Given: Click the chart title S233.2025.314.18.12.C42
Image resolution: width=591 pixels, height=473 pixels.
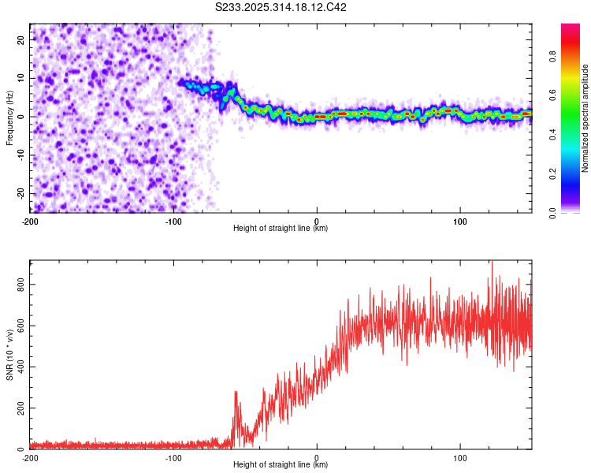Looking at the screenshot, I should (x=281, y=8).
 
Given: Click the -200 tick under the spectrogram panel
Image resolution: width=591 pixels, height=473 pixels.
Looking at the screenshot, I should (x=30, y=220).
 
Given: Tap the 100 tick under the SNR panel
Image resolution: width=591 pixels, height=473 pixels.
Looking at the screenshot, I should (x=460, y=456).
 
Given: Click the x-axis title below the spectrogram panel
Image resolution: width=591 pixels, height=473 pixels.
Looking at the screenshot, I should (x=281, y=229).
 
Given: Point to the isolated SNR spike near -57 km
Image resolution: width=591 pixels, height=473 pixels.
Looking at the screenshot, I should (x=236, y=393).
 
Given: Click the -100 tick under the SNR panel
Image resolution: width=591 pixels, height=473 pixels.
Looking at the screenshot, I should (x=173, y=456).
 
